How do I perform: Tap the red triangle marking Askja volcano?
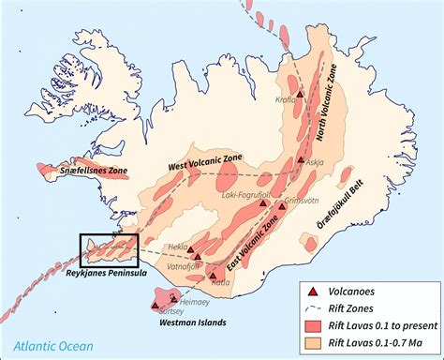point(300,160)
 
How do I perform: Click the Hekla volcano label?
point(178,246)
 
